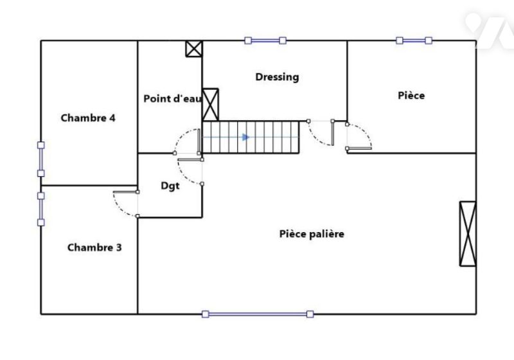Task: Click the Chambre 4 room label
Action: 88,118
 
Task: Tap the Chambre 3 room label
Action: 94,248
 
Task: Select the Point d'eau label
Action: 172,98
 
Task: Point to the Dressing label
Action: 277,77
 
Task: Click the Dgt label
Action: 170,186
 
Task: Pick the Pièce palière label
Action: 312,234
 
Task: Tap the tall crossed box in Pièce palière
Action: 468,233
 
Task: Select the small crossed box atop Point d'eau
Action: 194,49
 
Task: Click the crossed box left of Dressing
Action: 210,105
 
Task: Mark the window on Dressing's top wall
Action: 265,40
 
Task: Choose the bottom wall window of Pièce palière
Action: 258,314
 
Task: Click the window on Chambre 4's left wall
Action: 41,159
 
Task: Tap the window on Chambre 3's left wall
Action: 41,209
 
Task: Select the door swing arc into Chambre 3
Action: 119,208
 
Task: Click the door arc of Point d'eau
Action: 181,136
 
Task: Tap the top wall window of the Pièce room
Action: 414,40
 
